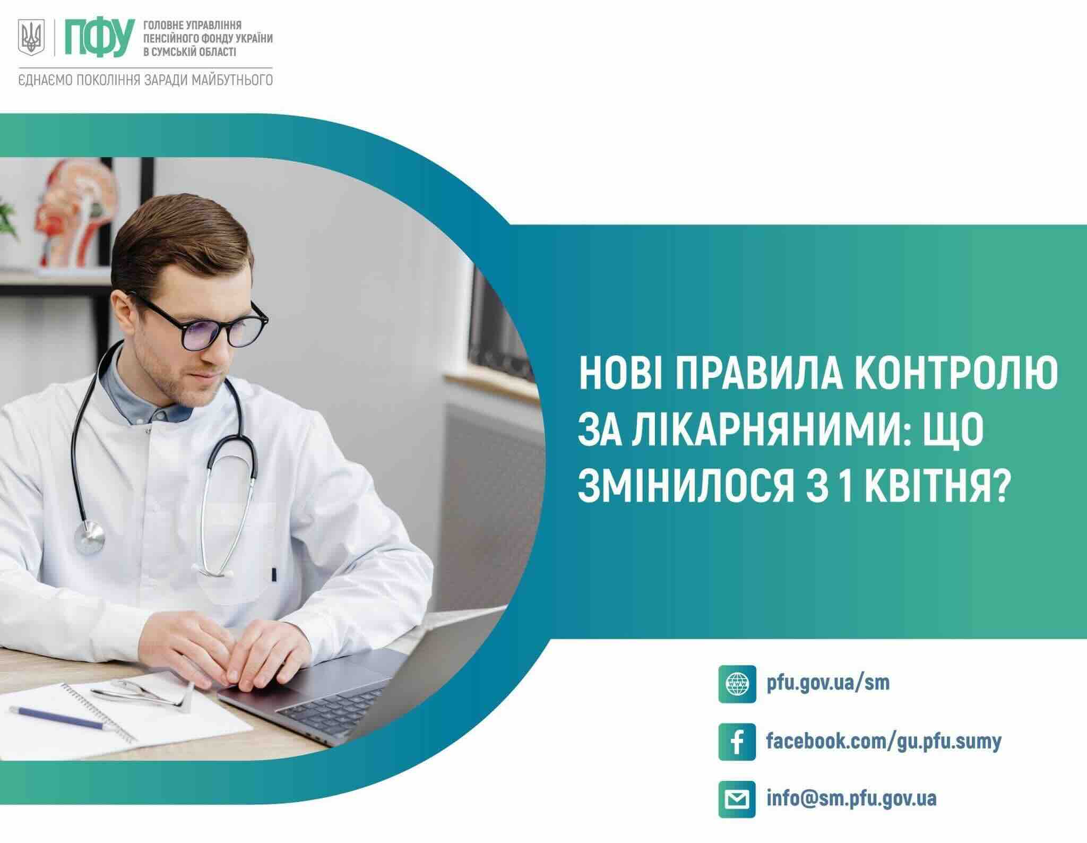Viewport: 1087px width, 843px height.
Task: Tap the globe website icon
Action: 737,684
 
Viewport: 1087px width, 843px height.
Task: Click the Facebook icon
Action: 737,742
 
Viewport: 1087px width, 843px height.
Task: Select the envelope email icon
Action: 737,799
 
